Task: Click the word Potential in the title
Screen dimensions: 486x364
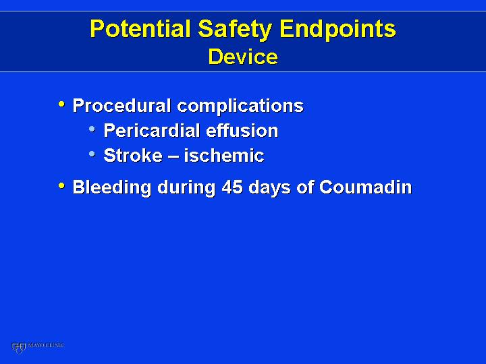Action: tap(140, 28)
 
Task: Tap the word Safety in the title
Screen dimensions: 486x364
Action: tap(235, 30)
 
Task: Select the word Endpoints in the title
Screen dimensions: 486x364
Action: tap(337, 30)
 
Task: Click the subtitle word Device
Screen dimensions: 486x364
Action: tap(243, 57)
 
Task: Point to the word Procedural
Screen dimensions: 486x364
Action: tap(122, 105)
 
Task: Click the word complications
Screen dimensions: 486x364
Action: tap(240, 107)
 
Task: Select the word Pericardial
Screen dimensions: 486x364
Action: tap(152, 130)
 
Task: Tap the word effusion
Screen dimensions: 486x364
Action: tap(242, 130)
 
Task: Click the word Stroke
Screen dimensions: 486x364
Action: tap(133, 155)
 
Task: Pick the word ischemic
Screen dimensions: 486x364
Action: tap(224, 155)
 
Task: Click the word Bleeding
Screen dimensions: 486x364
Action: tap(112, 188)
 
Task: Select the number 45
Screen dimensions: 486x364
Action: tap(232, 187)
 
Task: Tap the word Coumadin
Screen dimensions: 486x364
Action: tap(365, 187)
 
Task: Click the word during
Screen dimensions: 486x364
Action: tap(186, 188)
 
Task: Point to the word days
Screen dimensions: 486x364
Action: tap(269, 188)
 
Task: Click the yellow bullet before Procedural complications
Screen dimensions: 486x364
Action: tap(61, 104)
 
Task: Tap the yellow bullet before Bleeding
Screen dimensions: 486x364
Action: tap(61, 186)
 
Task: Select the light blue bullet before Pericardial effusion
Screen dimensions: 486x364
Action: tap(92, 129)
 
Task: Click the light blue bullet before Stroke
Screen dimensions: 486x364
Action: tap(92, 154)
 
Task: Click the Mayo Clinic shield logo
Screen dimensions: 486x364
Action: tap(19, 348)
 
